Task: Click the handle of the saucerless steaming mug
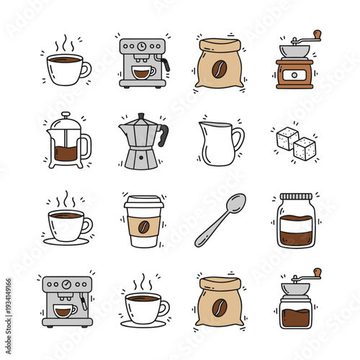[x=87, y=69]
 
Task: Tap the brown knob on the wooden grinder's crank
[x=316, y=34]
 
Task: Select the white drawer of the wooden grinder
[x=294, y=76]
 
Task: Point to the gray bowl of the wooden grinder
[x=294, y=51]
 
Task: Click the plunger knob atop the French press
[x=66, y=114]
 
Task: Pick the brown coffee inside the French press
[x=66, y=153]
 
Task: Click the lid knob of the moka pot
[x=142, y=115]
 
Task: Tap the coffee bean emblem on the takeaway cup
[x=143, y=226]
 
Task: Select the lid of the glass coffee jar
[x=295, y=197]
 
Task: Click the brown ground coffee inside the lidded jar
[x=295, y=232]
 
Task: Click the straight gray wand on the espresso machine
[x=84, y=302]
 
